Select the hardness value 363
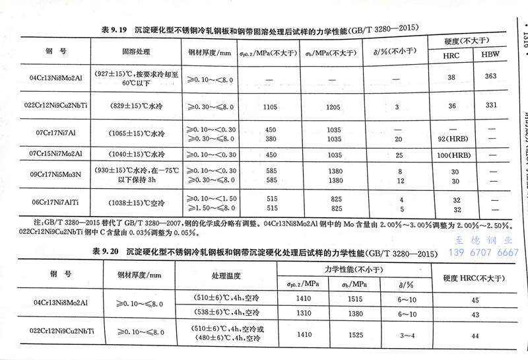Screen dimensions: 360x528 coord(490,77)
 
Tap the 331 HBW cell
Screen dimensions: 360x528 coord(490,106)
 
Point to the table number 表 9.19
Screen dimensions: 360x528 coord(115,29)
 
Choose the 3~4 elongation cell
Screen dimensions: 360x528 coord(403,335)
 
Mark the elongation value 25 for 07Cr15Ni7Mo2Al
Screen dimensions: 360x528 coord(397,155)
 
